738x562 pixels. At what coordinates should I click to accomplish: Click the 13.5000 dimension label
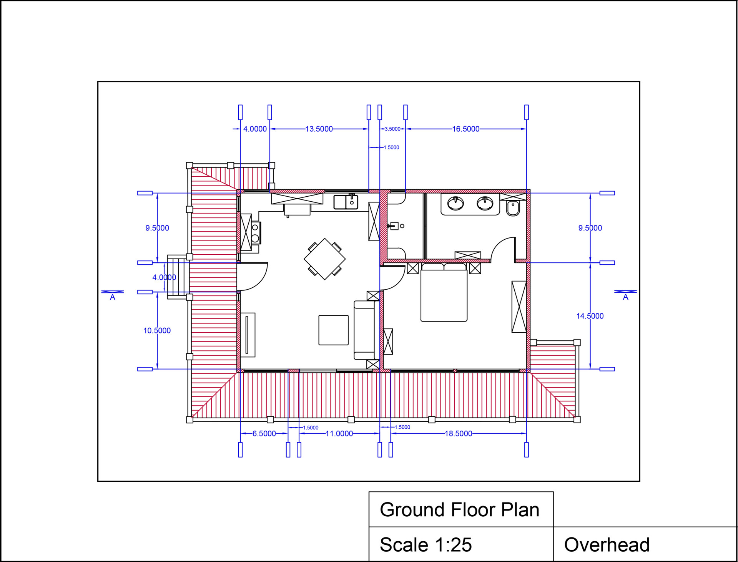[319, 129]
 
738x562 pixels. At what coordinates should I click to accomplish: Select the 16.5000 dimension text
[465, 129]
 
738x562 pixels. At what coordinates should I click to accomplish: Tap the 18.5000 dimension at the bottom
[458, 434]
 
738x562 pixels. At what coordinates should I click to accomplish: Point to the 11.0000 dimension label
[339, 434]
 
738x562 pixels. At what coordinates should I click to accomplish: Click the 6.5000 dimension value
[264, 434]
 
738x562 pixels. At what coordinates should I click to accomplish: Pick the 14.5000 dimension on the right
[590, 316]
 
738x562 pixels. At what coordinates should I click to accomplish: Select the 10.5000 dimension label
[157, 331]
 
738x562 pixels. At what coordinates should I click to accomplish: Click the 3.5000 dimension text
[392, 129]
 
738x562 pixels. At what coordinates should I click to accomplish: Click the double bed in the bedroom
[444, 292]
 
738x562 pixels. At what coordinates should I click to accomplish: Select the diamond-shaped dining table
[325, 259]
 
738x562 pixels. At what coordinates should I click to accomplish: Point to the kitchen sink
[346, 202]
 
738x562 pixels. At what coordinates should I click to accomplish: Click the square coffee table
[334, 330]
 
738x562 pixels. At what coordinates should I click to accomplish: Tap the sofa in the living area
[364, 330]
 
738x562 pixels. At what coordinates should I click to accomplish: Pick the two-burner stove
[255, 233]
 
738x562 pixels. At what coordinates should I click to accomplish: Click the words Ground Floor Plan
[460, 510]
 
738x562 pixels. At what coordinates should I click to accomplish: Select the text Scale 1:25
[426, 545]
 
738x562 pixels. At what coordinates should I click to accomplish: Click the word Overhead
[607, 545]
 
